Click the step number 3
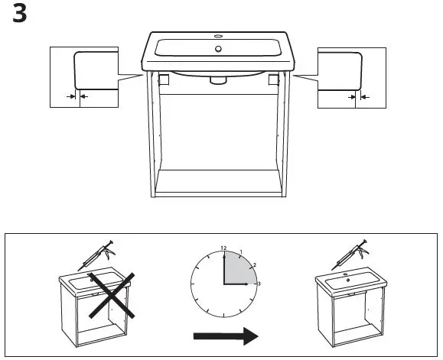tap(21, 15)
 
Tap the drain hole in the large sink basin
tap(219, 49)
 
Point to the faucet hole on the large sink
tap(219, 35)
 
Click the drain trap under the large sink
tap(218, 79)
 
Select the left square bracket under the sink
tap(163, 78)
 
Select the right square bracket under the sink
tap(273, 78)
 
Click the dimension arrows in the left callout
tap(77, 97)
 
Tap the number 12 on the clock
tap(223, 248)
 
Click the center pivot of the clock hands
tap(223, 284)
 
